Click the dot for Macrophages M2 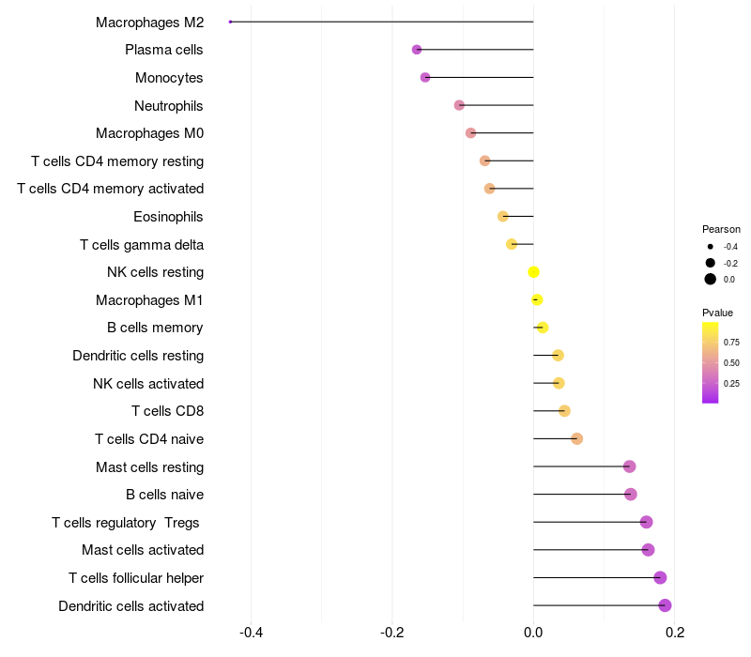pyautogui.click(x=230, y=22)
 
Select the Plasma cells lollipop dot pyautogui.click(x=417, y=50)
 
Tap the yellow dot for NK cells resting pyautogui.click(x=533, y=272)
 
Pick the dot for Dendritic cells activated pyautogui.click(x=665, y=605)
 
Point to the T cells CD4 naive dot pyautogui.click(x=576, y=439)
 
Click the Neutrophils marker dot pyautogui.click(x=459, y=105)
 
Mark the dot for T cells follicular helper pyautogui.click(x=660, y=578)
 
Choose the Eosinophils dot pyautogui.click(x=502, y=217)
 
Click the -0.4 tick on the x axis pyautogui.click(x=251, y=633)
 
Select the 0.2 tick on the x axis pyautogui.click(x=674, y=633)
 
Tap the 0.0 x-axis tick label pyautogui.click(x=533, y=633)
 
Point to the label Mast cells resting pyautogui.click(x=149, y=467)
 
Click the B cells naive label pyautogui.click(x=164, y=495)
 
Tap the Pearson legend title pyautogui.click(x=721, y=229)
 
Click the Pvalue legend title pyautogui.click(x=717, y=313)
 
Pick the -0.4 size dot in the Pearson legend pyautogui.click(x=711, y=247)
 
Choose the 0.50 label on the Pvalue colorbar pyautogui.click(x=731, y=362)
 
